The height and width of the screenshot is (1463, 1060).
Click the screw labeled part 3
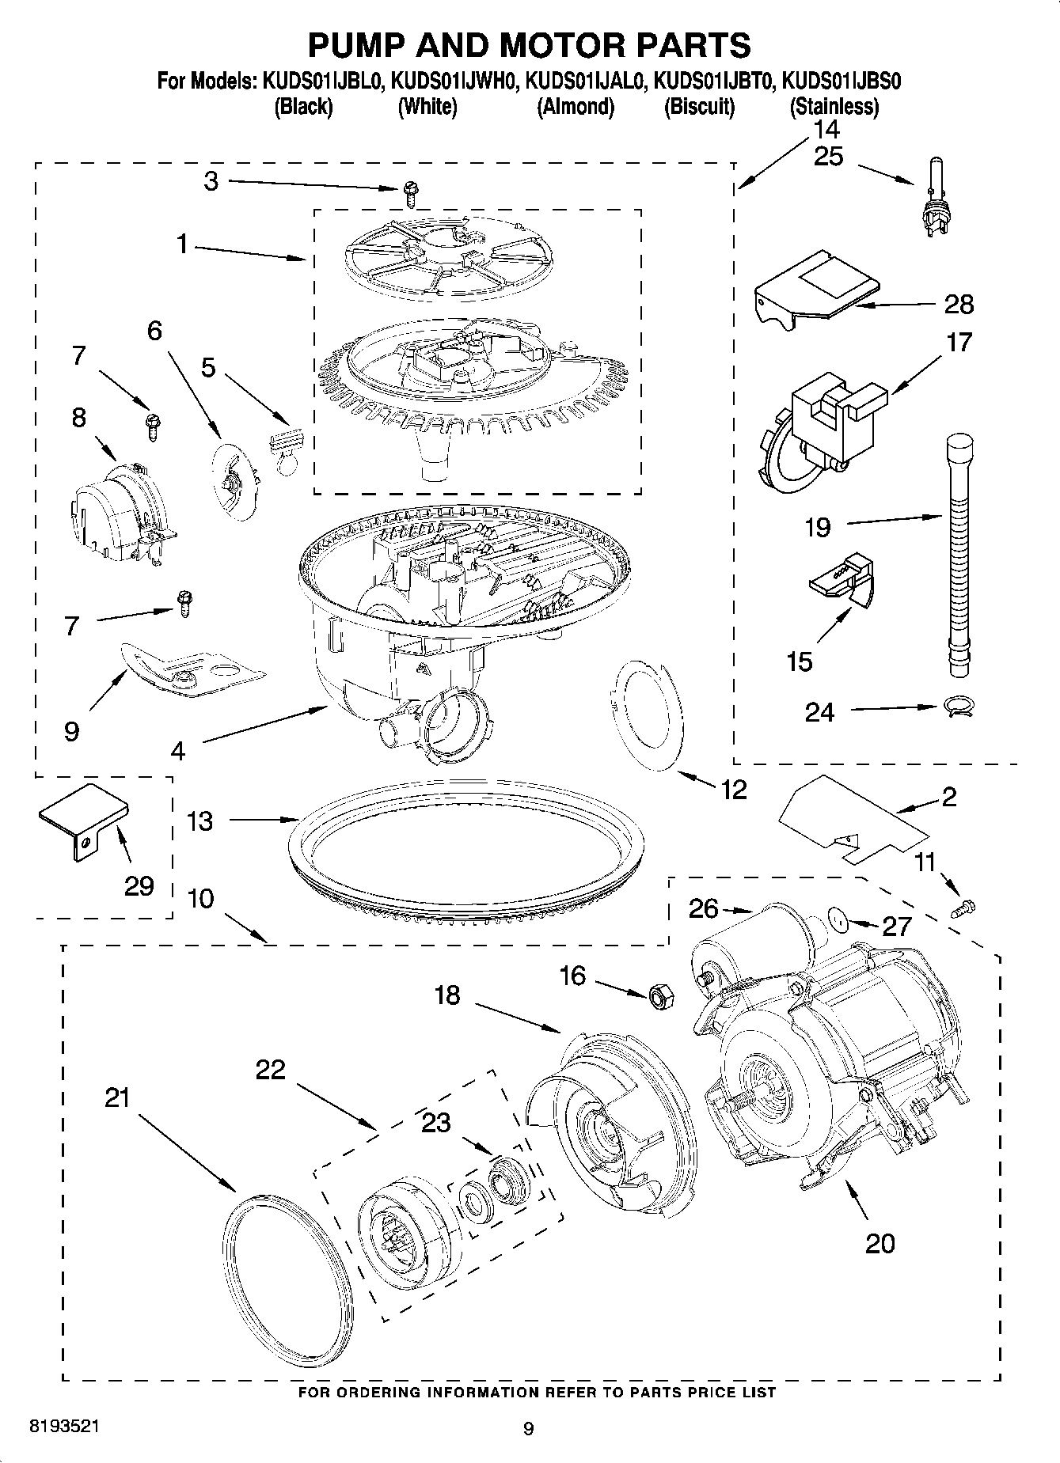click(410, 188)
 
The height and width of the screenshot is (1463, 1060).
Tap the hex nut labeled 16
click(659, 996)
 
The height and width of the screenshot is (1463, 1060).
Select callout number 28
click(958, 305)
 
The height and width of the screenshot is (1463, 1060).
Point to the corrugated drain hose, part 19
click(959, 554)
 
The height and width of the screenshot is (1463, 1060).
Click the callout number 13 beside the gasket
click(200, 821)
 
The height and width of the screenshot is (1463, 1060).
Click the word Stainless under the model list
click(834, 107)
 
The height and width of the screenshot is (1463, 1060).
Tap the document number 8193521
click(64, 1427)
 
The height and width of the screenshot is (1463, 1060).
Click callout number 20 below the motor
click(880, 1243)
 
